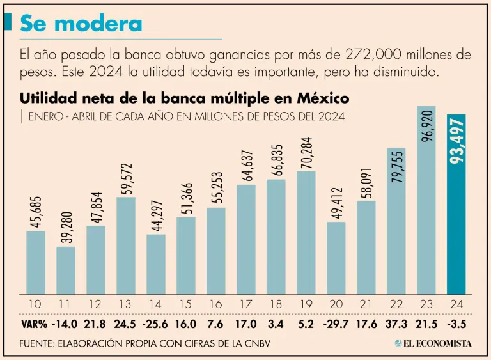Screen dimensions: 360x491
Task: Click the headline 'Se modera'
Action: (x=81, y=24)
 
